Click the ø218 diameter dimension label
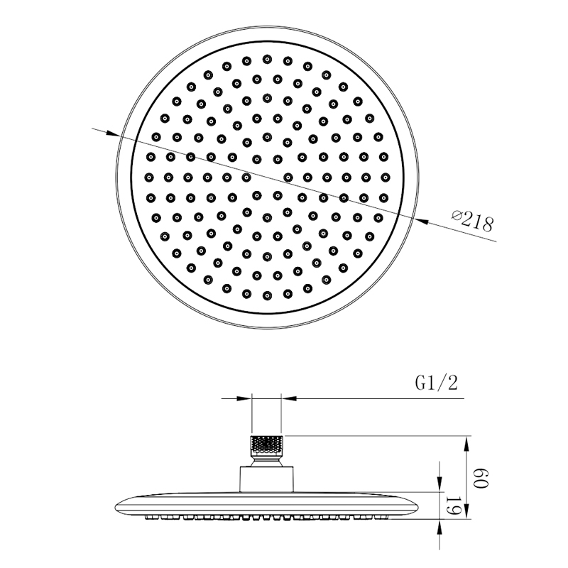tap(473, 221)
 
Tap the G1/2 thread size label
tap(437, 383)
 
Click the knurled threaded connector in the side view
tap(267, 446)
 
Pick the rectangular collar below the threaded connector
tap(266, 479)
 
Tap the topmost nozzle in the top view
tap(268, 59)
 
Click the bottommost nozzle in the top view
tap(268, 295)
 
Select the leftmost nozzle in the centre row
tap(149, 177)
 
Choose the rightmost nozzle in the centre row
tap(386, 177)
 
